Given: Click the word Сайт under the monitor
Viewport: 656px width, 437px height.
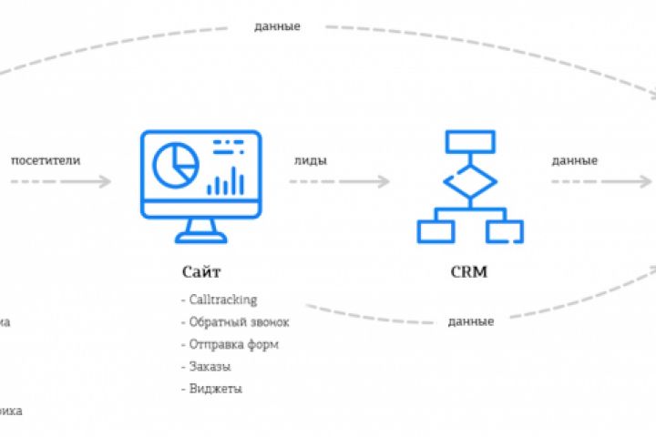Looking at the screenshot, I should [200, 271].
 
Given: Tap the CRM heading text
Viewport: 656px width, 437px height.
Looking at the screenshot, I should [469, 271].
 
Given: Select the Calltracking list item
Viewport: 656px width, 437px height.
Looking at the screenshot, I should [222, 300].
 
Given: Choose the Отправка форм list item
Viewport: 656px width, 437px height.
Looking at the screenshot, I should [233, 344].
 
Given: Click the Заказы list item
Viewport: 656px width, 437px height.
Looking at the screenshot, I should [209, 366].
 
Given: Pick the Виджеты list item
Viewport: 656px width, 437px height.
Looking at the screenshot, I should [215, 388].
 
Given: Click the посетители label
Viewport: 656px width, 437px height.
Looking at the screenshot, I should [46, 161].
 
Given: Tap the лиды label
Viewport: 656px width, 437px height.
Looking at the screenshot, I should [311, 161].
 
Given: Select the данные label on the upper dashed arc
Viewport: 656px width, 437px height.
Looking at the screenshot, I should [277, 25].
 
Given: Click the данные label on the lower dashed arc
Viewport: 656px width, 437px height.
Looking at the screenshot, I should [471, 321].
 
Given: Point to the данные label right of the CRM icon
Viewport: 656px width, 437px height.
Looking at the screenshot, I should [574, 161].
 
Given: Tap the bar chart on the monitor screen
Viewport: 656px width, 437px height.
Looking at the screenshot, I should [225, 180].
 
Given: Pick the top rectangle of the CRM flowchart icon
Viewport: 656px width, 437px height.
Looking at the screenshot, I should [470, 141].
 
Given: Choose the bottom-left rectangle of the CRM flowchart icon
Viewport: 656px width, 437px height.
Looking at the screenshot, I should [436, 230].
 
